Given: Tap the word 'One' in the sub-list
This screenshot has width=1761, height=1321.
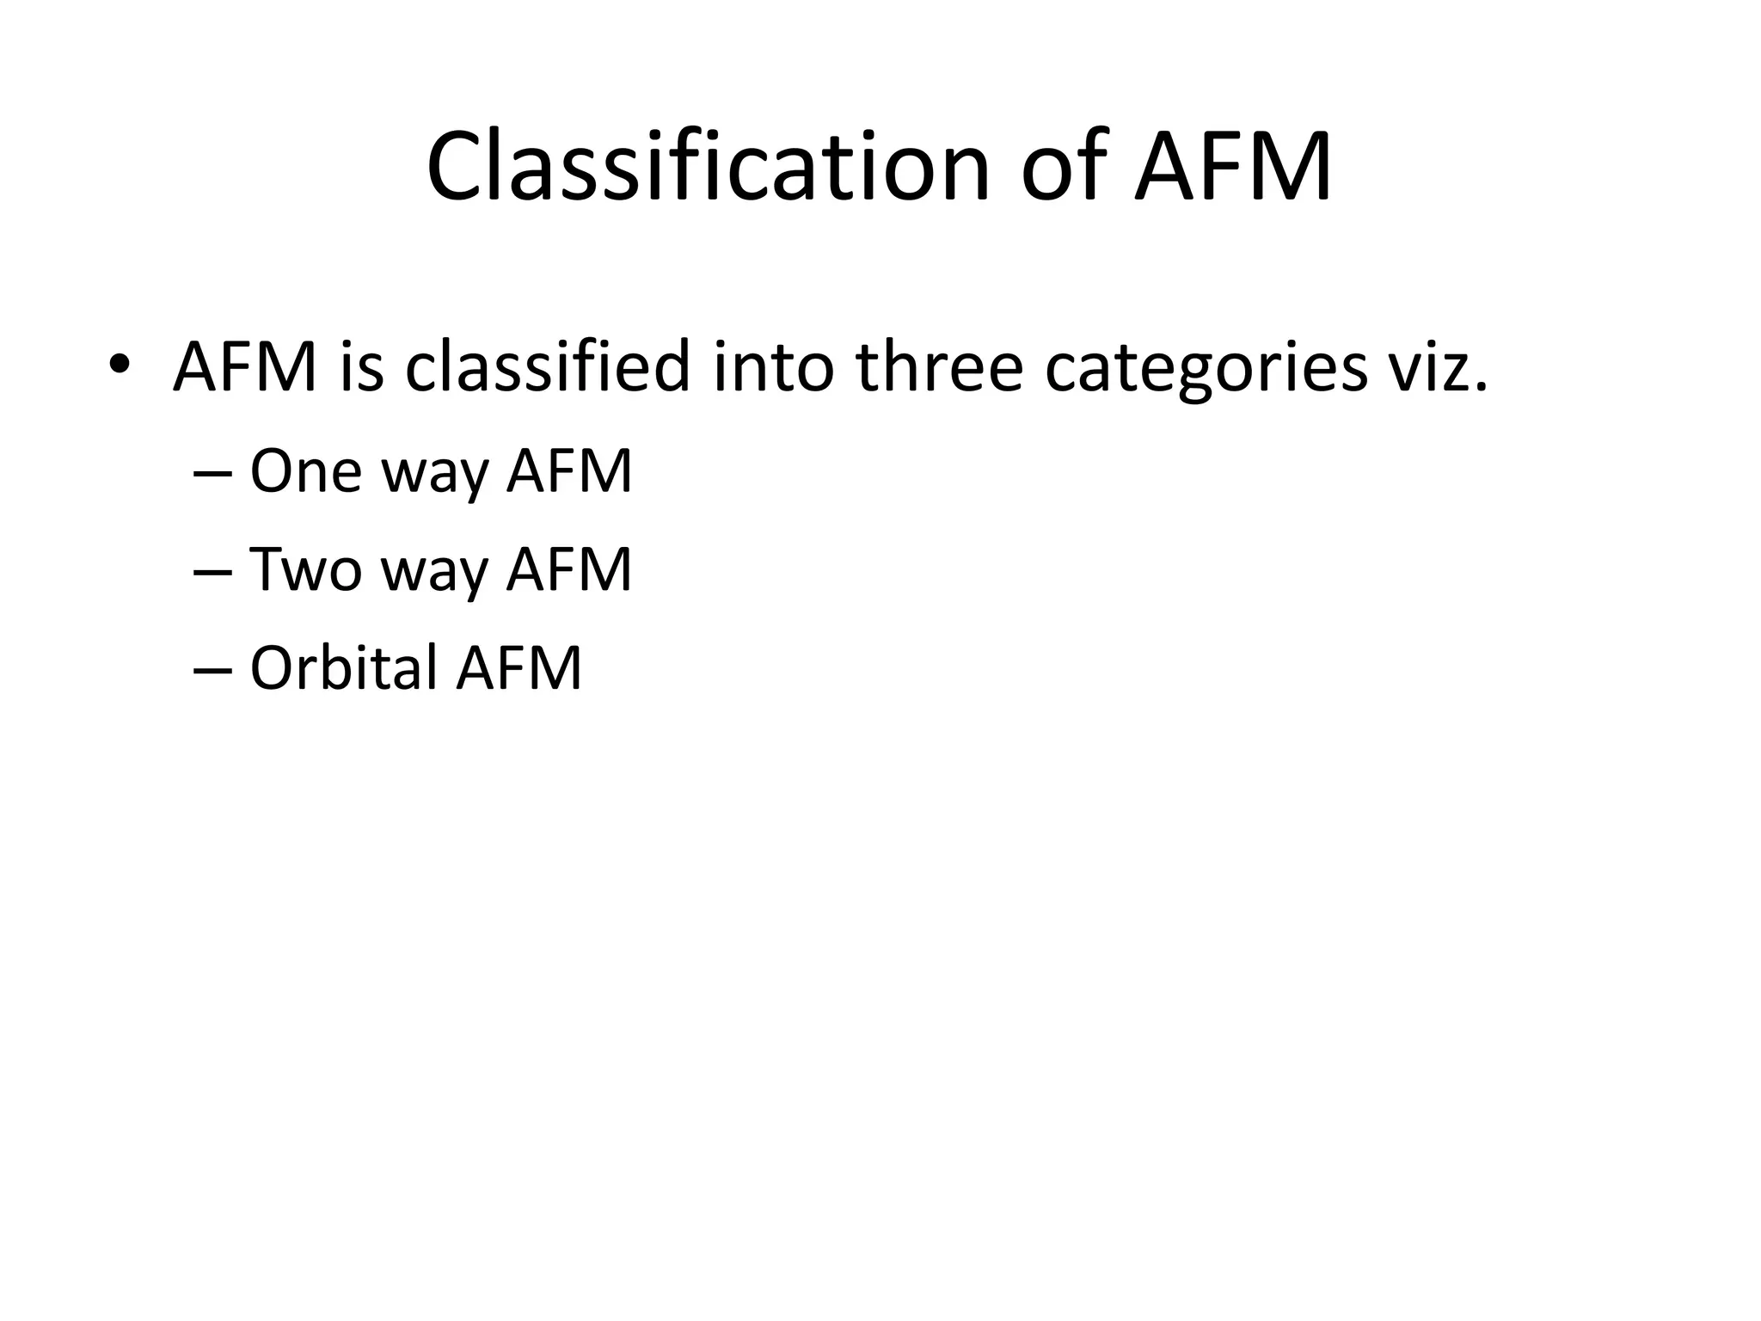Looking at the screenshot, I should click(x=305, y=471).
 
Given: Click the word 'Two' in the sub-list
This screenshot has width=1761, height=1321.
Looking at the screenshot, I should click(x=305, y=569).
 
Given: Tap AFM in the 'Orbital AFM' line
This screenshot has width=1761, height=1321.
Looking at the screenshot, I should click(x=519, y=667).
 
